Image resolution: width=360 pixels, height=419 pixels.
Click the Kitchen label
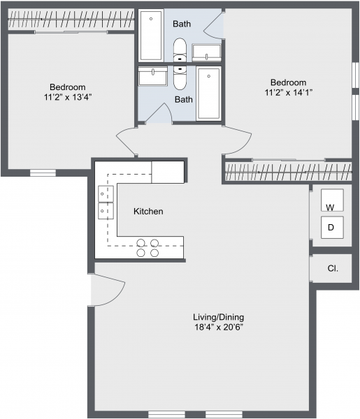coord(148,212)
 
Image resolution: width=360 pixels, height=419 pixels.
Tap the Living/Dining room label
coord(219,317)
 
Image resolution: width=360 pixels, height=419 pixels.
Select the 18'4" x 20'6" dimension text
coord(219,327)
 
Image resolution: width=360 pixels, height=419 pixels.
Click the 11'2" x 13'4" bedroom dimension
coord(68,97)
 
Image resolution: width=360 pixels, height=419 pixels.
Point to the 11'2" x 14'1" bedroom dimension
coord(289,92)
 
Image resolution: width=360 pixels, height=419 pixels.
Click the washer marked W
coord(332,200)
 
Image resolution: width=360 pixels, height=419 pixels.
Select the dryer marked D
coord(332,228)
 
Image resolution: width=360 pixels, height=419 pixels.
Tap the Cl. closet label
coord(333,268)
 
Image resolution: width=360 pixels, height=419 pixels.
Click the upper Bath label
coord(182,24)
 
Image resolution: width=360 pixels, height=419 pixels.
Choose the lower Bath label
coord(183,99)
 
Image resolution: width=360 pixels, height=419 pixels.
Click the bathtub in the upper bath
coord(151,36)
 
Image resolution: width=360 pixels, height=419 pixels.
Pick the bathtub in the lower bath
coord(208,94)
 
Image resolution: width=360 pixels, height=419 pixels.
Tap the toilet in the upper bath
coord(180,50)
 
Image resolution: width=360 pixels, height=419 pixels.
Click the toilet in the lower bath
coord(180,78)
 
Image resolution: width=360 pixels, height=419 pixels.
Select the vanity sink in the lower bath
coord(152,76)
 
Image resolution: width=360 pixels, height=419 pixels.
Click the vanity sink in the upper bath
coord(206,52)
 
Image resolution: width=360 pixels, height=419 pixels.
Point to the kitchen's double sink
coord(106,203)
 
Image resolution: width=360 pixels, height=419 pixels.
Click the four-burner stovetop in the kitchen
coord(147,248)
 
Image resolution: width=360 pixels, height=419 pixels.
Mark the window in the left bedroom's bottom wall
coord(43,173)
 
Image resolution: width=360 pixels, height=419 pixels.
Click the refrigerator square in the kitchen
coord(168,172)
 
